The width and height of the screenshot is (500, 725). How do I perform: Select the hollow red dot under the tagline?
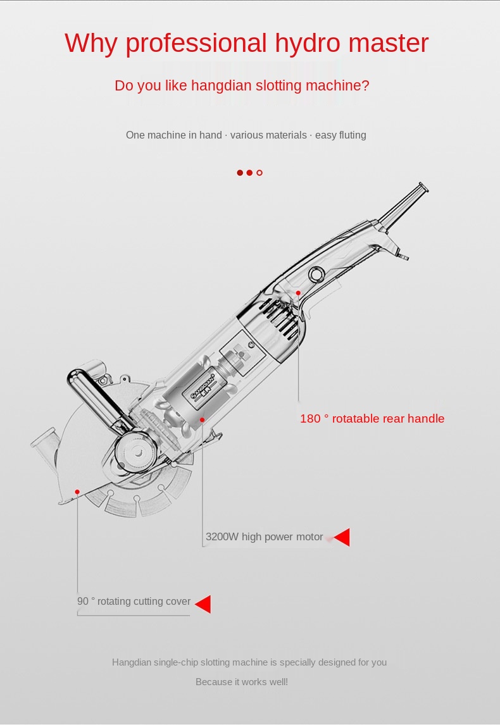click(259, 173)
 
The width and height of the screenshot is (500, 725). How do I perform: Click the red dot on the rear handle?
click(298, 293)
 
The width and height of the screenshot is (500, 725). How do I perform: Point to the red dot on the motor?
click(202, 420)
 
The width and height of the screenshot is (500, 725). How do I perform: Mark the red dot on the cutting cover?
click(77, 492)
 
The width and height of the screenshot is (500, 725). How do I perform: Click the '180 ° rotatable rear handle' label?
click(372, 418)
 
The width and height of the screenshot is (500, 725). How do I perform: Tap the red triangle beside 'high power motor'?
click(342, 537)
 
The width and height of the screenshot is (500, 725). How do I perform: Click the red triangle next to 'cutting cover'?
click(203, 604)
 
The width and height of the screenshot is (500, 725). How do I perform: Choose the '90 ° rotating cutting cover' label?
click(134, 601)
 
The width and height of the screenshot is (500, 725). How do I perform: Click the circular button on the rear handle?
click(316, 275)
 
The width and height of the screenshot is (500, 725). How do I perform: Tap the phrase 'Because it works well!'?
click(241, 682)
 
